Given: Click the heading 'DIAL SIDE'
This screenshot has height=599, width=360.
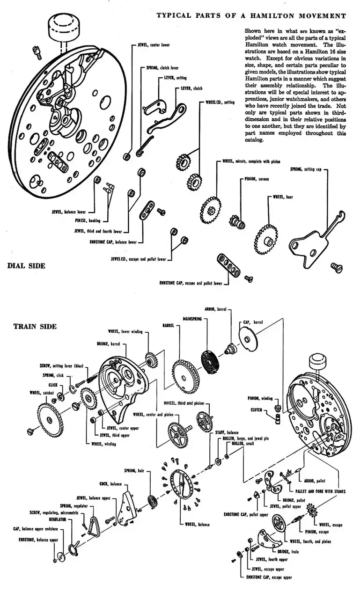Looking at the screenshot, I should tap(26, 266).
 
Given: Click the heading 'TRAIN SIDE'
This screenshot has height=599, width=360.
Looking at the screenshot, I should tap(35, 326).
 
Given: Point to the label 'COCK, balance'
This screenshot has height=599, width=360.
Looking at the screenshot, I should tap(110, 484).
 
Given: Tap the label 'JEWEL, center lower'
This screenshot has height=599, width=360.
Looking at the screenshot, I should tap(154, 45).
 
